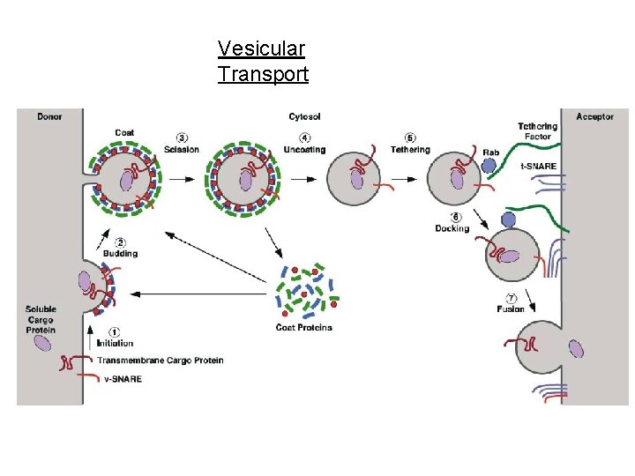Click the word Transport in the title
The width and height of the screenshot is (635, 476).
263,74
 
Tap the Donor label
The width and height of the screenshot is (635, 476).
50,116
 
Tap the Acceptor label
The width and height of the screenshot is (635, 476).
594,116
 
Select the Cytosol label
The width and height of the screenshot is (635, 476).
305,116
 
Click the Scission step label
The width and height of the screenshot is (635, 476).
182,149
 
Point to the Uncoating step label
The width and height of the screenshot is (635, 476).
304,149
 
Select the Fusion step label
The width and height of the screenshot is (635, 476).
511,309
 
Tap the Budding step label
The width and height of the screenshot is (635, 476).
121,253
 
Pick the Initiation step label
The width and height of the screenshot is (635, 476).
115,343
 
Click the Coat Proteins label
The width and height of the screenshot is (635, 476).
303,328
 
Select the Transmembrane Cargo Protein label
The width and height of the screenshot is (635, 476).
160,360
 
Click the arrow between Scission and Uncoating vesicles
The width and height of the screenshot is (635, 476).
183,179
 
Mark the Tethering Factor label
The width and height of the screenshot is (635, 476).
537,131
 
